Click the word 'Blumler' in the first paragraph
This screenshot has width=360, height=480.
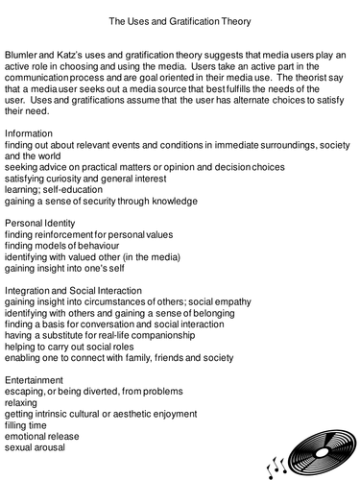point(23,57)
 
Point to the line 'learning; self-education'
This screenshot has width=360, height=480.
point(58,189)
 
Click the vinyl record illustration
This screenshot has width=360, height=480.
point(307,443)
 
